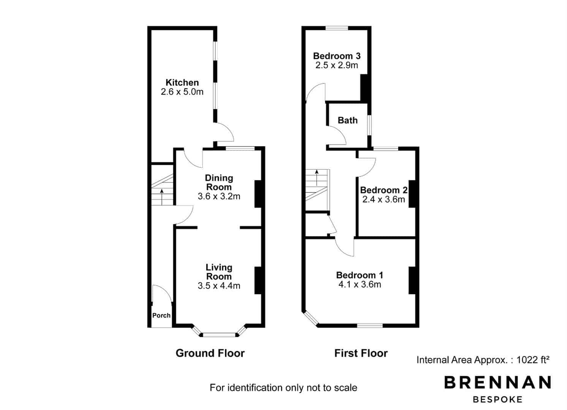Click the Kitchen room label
182,82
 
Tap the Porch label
161,315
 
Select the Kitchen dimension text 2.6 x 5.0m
182,91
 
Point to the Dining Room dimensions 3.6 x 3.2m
219,196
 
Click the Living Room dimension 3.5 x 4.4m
219,286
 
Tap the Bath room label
348,120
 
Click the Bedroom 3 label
337,56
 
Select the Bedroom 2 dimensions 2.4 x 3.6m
383,200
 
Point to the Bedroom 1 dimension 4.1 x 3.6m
360,285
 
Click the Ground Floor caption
210,353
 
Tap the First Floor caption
361,353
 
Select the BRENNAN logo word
497,382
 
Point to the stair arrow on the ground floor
162,197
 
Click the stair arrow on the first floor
317,178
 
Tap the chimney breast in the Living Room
258,281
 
